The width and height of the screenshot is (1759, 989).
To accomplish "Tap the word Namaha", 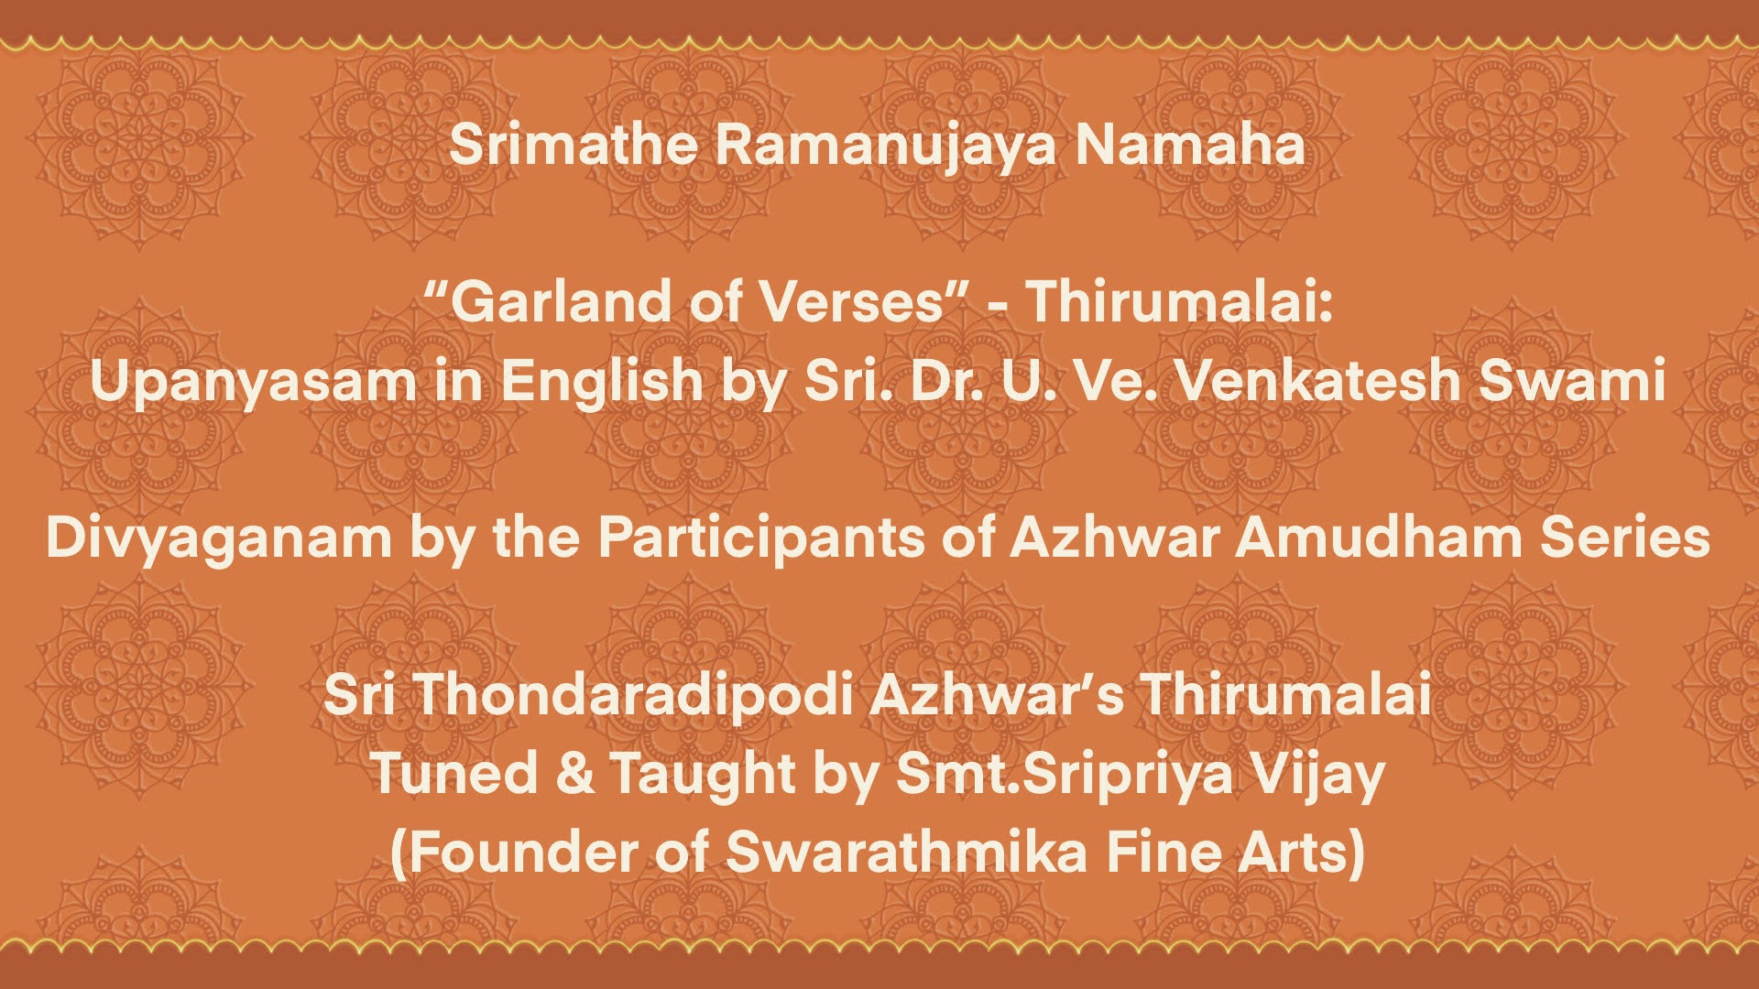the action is tap(1190, 145).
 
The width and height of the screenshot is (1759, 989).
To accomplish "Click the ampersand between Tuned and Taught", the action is tap(574, 773).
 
